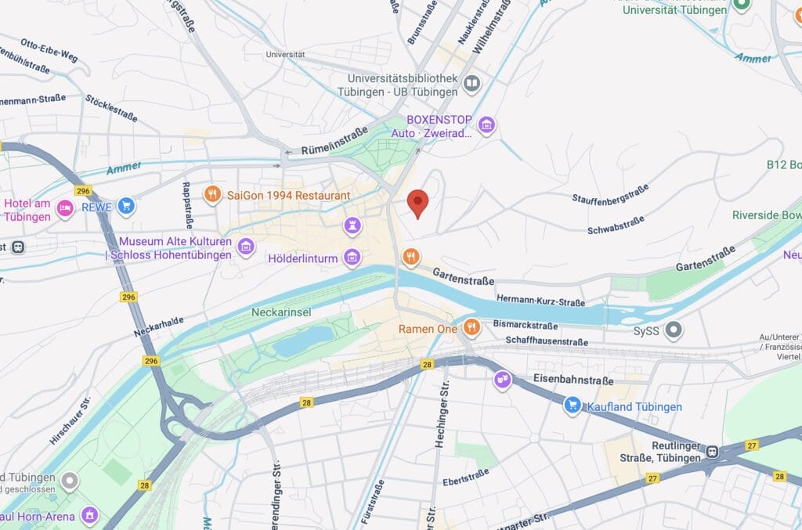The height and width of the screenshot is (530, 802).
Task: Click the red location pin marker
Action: [419, 203]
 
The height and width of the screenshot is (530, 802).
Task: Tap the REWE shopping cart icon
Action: [126, 207]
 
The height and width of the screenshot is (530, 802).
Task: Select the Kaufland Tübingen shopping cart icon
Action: [573, 406]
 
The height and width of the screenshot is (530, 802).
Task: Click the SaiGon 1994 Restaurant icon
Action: [212, 194]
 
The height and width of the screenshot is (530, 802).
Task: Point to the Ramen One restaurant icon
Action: [471, 327]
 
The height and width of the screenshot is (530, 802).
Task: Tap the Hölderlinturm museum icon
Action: [352, 257]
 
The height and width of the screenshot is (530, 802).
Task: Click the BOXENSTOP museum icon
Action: [486, 124]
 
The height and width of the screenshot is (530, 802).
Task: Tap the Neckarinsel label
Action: [281, 312]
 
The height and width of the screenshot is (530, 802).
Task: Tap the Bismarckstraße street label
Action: [526, 325]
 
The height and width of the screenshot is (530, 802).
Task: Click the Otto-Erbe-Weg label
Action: [49, 50]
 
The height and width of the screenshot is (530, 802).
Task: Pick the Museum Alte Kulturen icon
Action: [246, 247]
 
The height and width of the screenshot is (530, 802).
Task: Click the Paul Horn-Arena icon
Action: [91, 515]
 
